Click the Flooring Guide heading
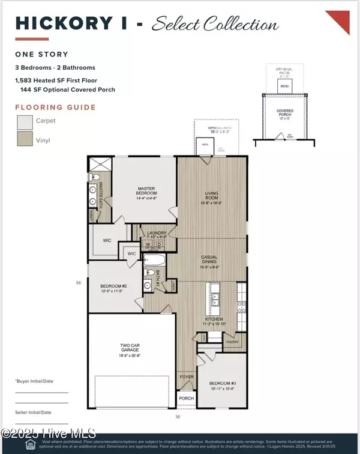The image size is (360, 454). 55,107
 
